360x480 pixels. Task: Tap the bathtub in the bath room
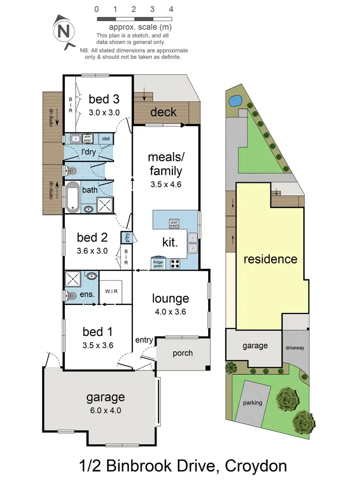tap(72, 197)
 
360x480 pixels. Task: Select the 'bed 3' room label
tap(104, 99)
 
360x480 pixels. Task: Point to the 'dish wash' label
tap(174, 223)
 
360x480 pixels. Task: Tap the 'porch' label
tap(182, 353)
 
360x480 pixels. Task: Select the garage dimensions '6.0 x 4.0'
tap(106, 410)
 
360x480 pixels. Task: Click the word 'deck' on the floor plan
tap(164, 112)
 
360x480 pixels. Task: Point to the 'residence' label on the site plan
tap(270, 259)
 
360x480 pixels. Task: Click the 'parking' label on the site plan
tap(252, 403)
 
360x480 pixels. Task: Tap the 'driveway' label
tap(295, 348)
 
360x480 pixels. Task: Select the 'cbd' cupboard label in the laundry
tap(106, 139)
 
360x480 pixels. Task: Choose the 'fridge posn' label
tap(158, 264)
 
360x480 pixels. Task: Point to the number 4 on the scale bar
tap(171, 9)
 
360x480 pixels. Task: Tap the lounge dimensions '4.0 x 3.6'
tap(171, 312)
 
